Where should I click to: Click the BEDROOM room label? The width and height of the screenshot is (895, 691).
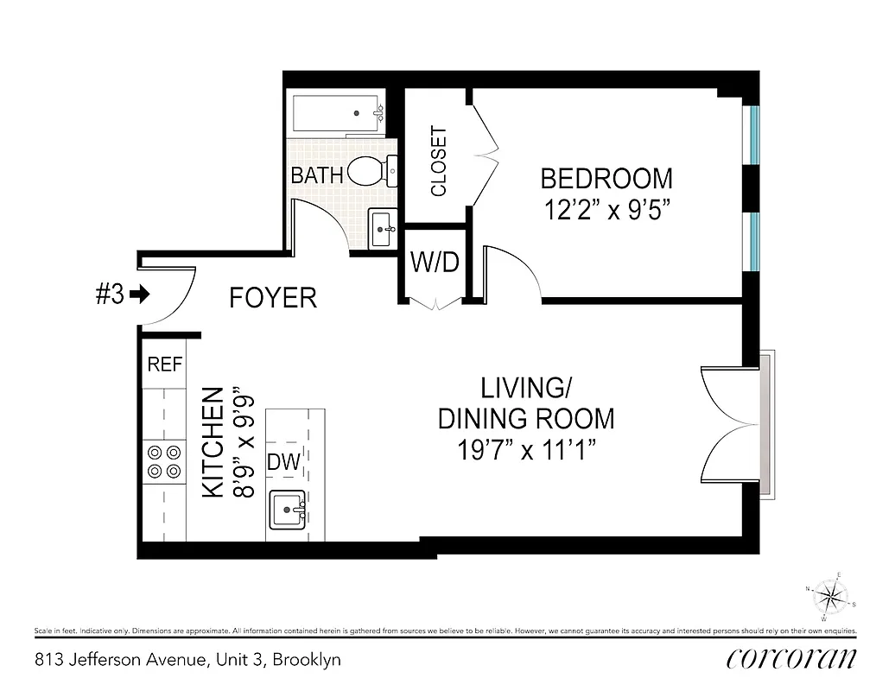tap(606, 179)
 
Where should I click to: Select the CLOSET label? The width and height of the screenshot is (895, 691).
tap(438, 162)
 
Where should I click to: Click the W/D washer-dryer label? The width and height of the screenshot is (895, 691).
tap(434, 263)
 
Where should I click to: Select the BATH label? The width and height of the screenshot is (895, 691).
tap(317, 174)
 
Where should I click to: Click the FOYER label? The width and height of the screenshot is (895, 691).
tap(272, 298)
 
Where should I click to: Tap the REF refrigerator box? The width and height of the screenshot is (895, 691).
tap(164, 365)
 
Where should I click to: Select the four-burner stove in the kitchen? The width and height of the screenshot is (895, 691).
tap(164, 460)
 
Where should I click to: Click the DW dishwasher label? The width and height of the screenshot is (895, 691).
tap(283, 462)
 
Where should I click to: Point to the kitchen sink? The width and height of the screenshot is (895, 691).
tap(287, 510)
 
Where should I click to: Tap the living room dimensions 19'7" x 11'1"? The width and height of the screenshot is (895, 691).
tap(526, 450)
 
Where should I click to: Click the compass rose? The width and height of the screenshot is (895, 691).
tap(830, 596)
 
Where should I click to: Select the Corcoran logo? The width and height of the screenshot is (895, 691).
tap(791, 658)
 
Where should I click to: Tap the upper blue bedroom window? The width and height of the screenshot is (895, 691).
tap(753, 134)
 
